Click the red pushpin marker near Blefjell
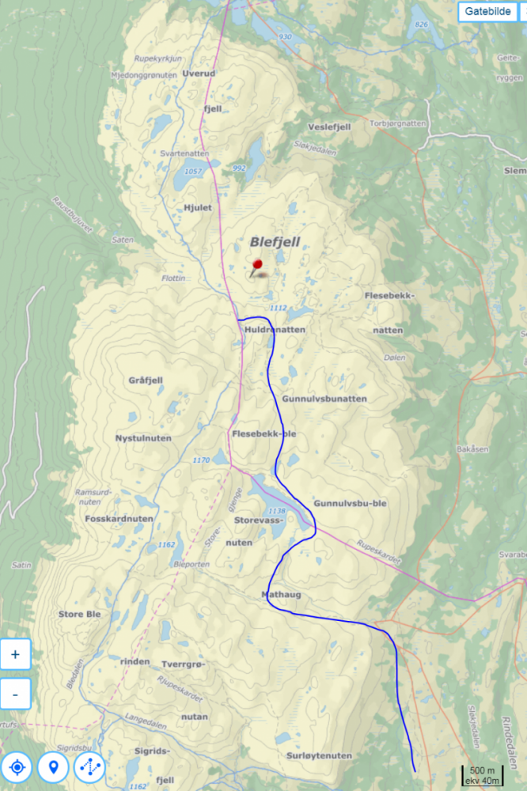point(256,266)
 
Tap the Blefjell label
point(275,242)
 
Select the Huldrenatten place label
point(275,329)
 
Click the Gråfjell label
point(146,380)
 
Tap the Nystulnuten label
point(144,437)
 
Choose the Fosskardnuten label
point(118,519)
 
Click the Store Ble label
point(79,614)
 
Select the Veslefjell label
point(328,127)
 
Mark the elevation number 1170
point(201,460)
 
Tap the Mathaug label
point(281,593)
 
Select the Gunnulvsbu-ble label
point(350,503)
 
